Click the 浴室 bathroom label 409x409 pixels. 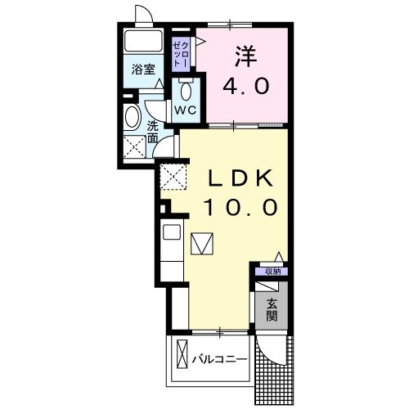144,70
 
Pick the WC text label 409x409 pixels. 185,109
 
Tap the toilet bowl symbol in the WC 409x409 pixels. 186,88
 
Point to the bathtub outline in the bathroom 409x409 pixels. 144,43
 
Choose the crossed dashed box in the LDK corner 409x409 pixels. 172,177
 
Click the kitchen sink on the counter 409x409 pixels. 173,232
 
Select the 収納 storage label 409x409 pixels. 272,272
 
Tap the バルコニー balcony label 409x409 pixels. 219,358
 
